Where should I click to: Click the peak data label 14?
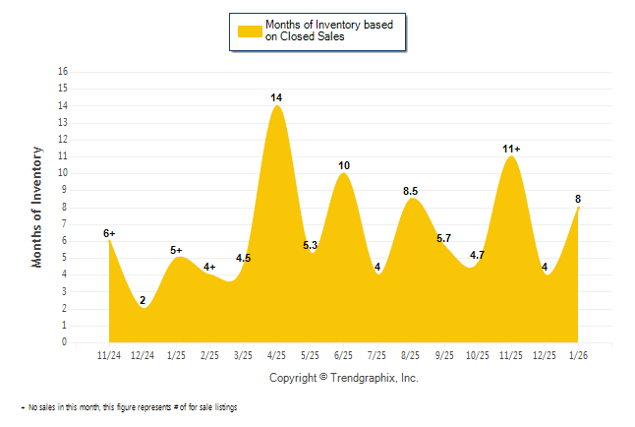[x=277, y=97]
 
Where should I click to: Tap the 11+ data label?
[x=511, y=149]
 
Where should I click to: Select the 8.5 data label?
[x=412, y=191]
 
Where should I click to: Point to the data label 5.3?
[x=311, y=245]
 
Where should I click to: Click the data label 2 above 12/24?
[x=143, y=300]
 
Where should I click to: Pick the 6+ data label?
[x=109, y=233]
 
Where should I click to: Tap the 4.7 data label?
[x=478, y=255]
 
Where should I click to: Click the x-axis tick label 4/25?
[x=276, y=354]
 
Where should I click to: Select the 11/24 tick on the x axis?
[x=109, y=354]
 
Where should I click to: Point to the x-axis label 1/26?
[x=578, y=354]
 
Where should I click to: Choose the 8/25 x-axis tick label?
[x=411, y=354]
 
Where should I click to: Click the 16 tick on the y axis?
[x=63, y=72]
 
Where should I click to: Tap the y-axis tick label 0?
[x=65, y=342]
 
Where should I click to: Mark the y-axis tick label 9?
[x=65, y=190]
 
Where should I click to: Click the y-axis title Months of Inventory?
[x=37, y=207]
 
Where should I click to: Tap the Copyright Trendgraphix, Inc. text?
[x=343, y=378]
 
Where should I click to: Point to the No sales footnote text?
[x=129, y=407]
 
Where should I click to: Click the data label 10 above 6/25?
[x=344, y=165]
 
